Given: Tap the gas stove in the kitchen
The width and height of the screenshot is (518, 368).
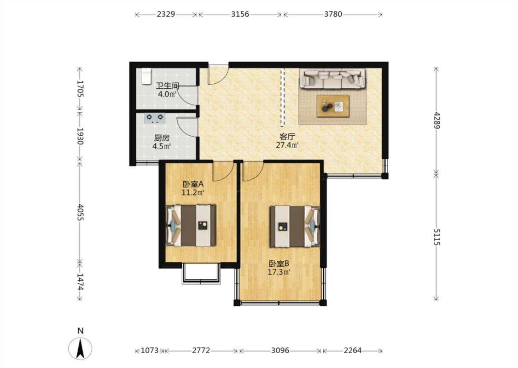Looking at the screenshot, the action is [155, 118].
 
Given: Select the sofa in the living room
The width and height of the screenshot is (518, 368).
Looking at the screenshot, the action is [332, 79].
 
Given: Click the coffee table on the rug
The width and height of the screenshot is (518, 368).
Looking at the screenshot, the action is [333, 106].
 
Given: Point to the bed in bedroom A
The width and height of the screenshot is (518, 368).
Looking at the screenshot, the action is [191, 225].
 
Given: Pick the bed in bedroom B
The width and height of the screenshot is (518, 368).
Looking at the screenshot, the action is [295, 226].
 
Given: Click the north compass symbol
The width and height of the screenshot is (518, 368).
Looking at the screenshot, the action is [80, 348].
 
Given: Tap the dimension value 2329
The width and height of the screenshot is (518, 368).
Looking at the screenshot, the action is [166, 14].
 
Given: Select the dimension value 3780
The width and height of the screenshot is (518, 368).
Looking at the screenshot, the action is [332, 14].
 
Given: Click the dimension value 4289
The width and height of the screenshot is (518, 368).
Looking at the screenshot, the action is [437, 120].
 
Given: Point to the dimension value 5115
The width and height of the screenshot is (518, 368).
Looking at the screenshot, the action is [437, 237].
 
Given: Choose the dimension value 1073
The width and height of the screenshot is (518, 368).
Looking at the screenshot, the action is [150, 351].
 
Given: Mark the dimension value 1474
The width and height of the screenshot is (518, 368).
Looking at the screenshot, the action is [80, 282].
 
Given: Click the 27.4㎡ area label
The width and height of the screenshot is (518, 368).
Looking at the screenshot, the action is [287, 144].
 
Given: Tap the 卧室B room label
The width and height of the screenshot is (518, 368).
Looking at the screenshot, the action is [279, 264].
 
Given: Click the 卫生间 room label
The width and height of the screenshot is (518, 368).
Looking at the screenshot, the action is [168, 86].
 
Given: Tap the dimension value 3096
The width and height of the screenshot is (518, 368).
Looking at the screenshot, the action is [280, 351].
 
